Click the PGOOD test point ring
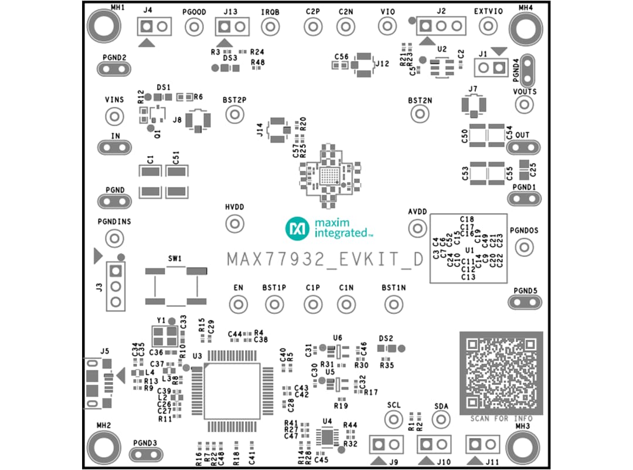click(x=194, y=26)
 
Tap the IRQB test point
click(x=270, y=26)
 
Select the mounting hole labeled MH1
click(x=104, y=26)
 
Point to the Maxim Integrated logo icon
click(x=297, y=228)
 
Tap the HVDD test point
click(x=234, y=224)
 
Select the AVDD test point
click(x=417, y=228)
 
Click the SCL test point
click(x=394, y=419)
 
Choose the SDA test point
click(x=441, y=419)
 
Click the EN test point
click(x=238, y=305)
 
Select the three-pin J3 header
click(x=115, y=286)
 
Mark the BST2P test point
click(x=234, y=114)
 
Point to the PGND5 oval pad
click(x=524, y=302)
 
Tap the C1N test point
click(x=346, y=305)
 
